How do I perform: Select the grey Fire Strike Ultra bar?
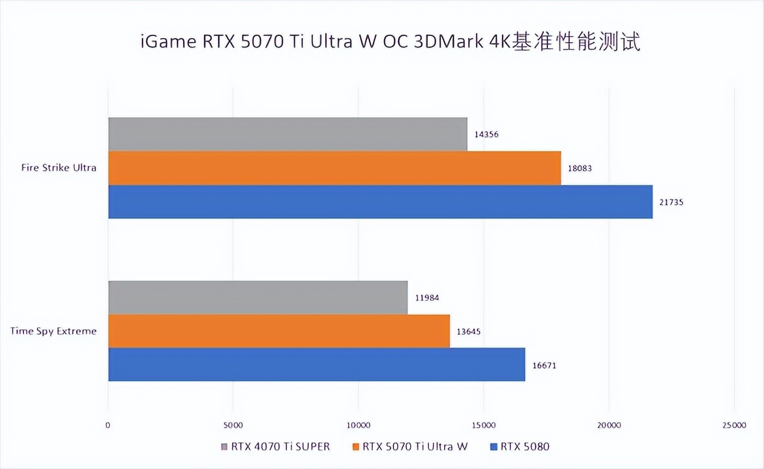[288, 134]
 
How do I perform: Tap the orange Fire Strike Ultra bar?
[335, 168]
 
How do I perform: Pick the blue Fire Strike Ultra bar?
[380, 202]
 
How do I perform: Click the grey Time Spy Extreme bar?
[258, 297]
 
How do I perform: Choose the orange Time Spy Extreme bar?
[279, 331]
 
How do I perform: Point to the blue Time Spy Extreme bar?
[317, 364]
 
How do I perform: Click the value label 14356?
[486, 135]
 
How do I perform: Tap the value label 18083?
[580, 169]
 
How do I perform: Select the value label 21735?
[671, 202]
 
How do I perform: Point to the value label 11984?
[427, 298]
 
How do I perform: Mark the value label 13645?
[469, 332]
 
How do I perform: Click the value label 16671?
[544, 365]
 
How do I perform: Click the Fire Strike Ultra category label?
[59, 168]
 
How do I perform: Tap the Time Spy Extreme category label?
[53, 331]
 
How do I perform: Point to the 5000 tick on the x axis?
[233, 425]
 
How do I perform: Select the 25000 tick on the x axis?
[734, 425]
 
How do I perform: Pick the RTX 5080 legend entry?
[521, 447]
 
